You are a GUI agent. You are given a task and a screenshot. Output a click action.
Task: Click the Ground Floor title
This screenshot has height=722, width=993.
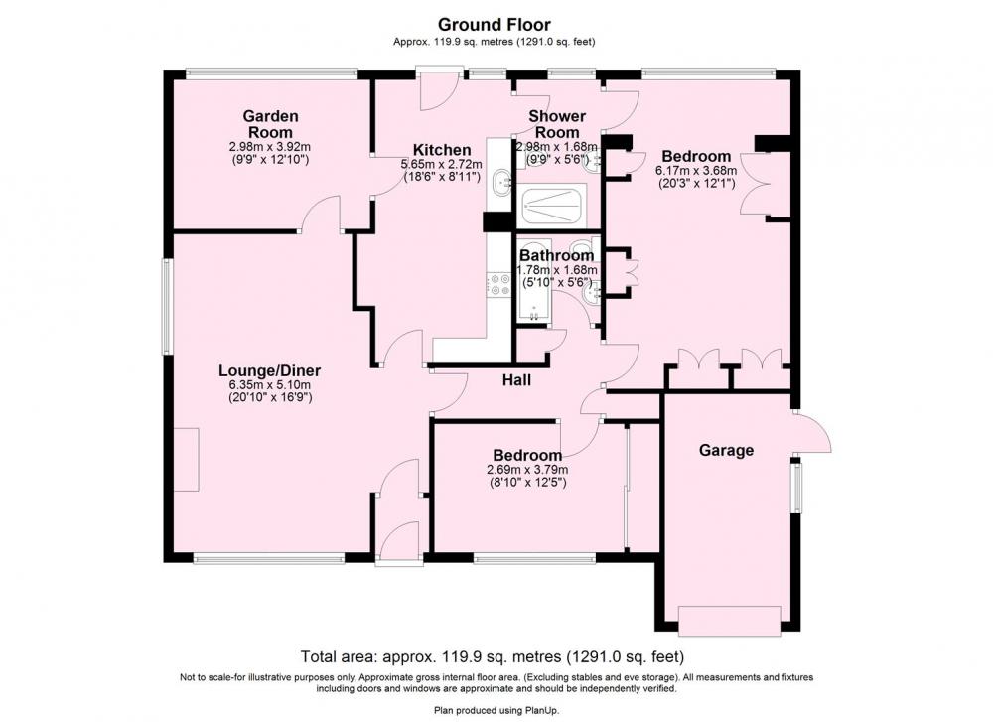[x=494, y=25]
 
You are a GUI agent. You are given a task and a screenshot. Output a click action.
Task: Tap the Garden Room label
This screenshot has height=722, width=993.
[x=270, y=124]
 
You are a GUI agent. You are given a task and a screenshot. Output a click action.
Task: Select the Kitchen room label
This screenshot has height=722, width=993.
[x=442, y=150]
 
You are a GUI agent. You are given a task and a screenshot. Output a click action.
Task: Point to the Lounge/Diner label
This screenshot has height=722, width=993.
[x=270, y=371]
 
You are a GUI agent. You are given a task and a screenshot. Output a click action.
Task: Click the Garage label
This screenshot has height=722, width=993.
[x=727, y=450]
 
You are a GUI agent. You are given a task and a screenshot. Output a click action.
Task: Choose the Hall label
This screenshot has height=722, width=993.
[x=516, y=380]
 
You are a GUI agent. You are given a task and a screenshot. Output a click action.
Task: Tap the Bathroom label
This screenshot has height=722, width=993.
[x=557, y=256]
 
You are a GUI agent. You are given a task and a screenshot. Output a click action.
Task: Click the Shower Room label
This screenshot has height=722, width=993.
[x=557, y=124]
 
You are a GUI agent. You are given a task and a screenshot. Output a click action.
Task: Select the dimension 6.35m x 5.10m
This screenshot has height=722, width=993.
[x=270, y=385]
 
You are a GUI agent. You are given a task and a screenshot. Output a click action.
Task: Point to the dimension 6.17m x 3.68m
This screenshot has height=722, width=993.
[x=696, y=171]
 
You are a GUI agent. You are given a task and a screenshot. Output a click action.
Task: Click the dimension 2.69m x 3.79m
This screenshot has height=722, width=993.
[x=527, y=470]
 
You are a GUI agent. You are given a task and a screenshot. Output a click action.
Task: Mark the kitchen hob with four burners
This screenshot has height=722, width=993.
[x=497, y=284]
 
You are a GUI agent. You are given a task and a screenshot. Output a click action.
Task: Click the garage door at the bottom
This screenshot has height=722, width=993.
[x=730, y=621]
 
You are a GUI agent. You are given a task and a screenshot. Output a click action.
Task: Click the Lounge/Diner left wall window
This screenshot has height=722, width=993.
[x=166, y=305]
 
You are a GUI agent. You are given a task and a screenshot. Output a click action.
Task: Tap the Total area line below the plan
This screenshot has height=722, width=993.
[x=493, y=655]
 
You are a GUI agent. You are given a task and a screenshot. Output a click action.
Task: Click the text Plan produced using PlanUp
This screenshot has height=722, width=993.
[x=496, y=711]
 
